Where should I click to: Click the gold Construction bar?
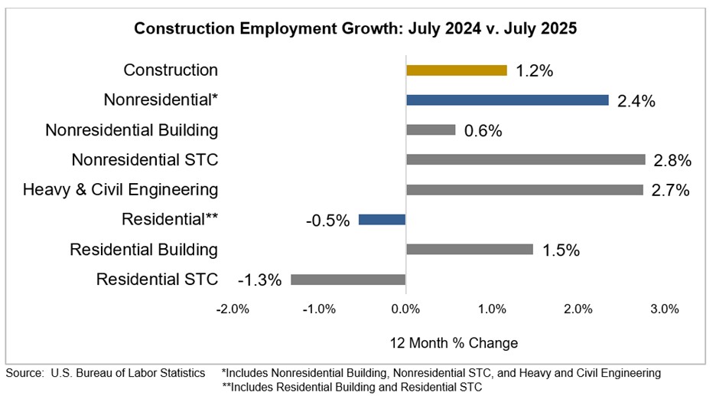pos(456,70)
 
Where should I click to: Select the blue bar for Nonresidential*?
pos(507,100)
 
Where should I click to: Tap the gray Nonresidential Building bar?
pos(431,130)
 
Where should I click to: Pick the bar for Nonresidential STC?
pos(526,160)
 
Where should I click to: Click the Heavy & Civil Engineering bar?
pos(524,190)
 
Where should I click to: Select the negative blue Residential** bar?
pos(382,220)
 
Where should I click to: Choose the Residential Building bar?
pos(469,250)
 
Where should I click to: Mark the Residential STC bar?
pos(348,280)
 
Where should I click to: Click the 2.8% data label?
pos(673,160)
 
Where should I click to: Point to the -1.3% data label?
pos(259,280)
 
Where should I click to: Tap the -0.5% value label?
pos(327,220)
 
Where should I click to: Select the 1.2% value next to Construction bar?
pos(534,70)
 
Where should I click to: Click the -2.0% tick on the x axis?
pos(232,309)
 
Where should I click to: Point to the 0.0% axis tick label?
pos(405,309)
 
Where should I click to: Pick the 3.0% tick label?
pos(665,309)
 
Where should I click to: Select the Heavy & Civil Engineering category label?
pos(120,190)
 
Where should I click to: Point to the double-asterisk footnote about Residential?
pos(352,387)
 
